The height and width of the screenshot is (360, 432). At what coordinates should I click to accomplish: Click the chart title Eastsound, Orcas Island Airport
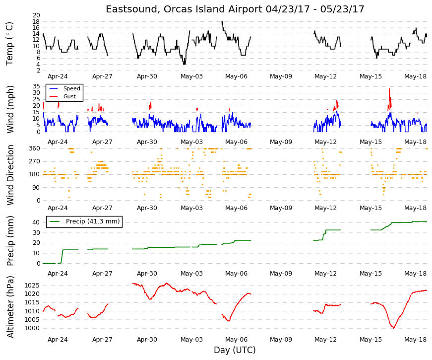point(184,9)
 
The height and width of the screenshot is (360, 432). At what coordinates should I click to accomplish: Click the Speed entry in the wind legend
point(71,88)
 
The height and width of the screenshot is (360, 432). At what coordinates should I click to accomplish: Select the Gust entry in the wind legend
point(69,96)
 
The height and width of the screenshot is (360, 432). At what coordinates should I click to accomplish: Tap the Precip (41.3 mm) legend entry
point(93,221)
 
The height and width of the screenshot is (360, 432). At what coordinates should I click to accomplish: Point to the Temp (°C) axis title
point(9,44)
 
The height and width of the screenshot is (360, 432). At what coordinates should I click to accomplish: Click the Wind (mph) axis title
point(10,110)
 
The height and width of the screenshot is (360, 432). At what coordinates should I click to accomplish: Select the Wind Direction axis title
point(10,175)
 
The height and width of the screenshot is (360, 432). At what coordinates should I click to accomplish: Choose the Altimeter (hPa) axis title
point(10,307)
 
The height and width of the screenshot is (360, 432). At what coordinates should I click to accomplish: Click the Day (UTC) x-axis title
point(235,350)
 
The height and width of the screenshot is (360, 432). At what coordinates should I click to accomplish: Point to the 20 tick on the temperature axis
point(36,15)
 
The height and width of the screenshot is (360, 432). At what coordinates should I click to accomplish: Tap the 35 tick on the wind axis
point(36,86)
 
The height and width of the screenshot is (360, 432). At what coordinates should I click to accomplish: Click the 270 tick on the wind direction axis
point(35,161)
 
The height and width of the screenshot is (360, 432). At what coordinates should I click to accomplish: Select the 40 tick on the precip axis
point(36,222)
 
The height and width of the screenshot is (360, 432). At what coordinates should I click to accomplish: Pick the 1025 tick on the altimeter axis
point(32,286)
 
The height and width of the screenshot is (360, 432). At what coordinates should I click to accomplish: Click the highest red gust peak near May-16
point(389,89)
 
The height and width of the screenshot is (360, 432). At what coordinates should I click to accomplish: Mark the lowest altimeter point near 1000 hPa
point(394,328)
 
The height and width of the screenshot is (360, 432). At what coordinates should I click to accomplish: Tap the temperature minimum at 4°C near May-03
point(185,64)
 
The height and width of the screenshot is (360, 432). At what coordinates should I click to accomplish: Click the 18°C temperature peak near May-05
point(222,22)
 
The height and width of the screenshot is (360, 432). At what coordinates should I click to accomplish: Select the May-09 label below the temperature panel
point(281,76)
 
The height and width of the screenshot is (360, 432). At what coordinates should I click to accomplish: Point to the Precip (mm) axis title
point(10,241)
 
